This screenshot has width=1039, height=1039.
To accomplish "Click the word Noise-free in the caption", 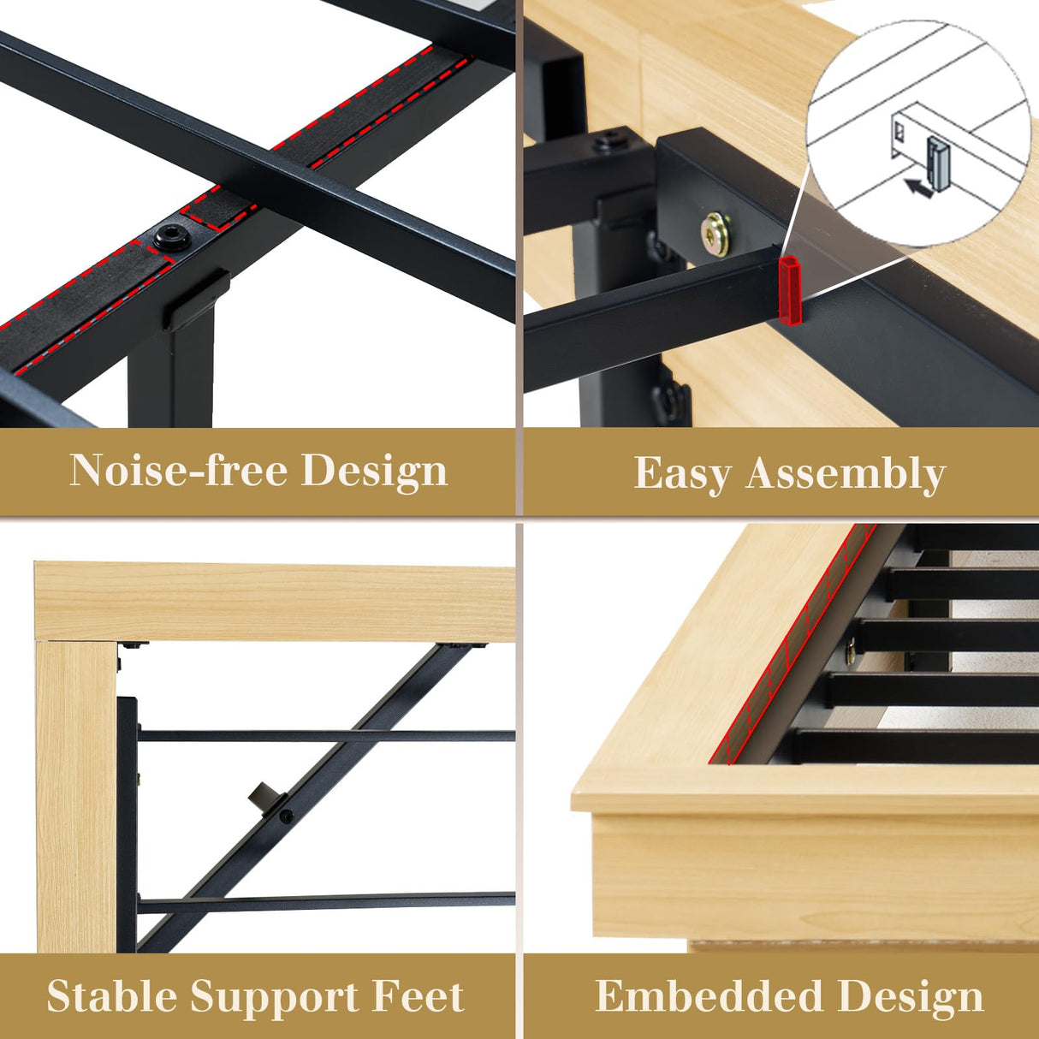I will click(x=178, y=470).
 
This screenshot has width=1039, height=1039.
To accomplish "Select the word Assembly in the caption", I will click(x=845, y=473).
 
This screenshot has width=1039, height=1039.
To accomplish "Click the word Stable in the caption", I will click(x=111, y=996).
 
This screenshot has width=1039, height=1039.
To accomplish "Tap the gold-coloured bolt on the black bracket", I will click(x=715, y=232).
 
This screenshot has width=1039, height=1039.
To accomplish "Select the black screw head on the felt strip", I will click(x=172, y=238).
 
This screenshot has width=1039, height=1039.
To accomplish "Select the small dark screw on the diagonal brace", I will click(x=286, y=816).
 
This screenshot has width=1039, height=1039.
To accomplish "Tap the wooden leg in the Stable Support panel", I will click(x=75, y=796).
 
